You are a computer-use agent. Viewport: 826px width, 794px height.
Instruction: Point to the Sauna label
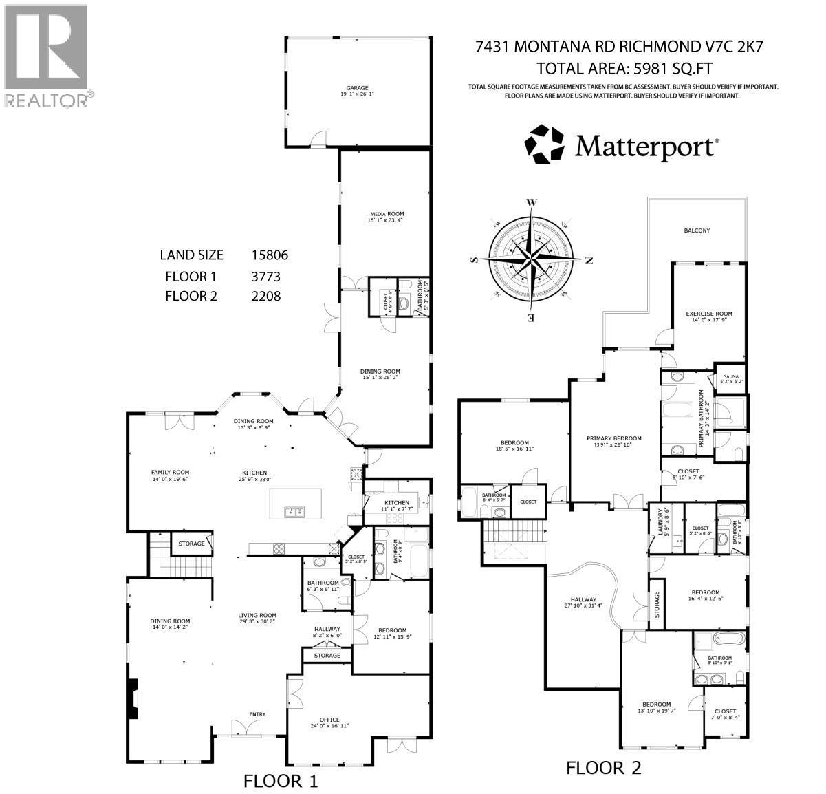[730, 377]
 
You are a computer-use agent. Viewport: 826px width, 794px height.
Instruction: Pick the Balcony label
[696, 230]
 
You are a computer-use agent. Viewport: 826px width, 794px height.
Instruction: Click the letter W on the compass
[531, 202]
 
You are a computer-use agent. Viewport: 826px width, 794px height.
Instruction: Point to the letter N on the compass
[588, 259]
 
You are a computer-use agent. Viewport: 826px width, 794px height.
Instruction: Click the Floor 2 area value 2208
[267, 296]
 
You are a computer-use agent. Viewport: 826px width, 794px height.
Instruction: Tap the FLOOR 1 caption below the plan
[281, 781]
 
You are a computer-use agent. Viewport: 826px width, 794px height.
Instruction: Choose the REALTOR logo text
[47, 100]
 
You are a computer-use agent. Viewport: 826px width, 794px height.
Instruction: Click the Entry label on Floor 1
[257, 714]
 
